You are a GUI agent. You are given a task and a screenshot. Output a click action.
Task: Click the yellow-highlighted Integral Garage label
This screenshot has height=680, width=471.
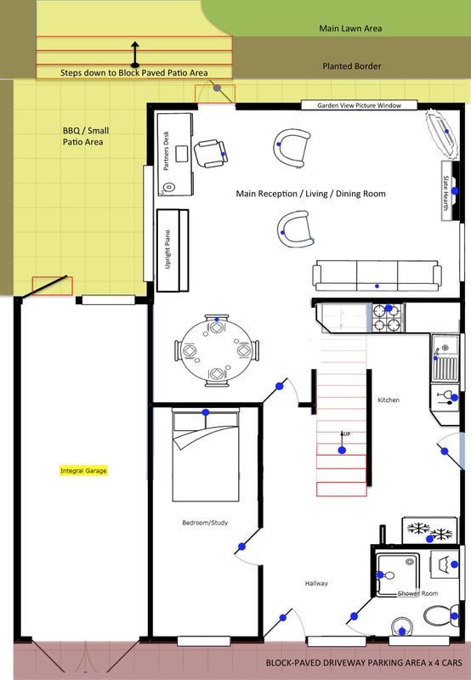(83, 471)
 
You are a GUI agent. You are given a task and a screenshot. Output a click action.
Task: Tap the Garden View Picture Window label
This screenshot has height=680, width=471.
(359, 105)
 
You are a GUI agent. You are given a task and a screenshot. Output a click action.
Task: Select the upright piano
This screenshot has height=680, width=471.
(173, 250)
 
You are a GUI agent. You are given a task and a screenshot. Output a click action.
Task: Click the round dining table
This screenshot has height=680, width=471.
(216, 350)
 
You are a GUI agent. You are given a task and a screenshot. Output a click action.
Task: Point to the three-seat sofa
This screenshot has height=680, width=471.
(377, 275)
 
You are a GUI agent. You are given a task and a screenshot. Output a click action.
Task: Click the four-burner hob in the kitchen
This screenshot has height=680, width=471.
(389, 317)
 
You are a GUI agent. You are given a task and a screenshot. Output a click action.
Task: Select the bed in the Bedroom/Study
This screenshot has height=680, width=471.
(206, 455)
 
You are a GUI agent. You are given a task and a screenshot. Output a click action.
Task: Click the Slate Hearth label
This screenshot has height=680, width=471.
(445, 193)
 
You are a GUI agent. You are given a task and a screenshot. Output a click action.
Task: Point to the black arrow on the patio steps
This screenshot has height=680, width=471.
(135, 54)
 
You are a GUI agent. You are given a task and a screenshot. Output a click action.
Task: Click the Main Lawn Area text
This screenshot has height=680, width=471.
(350, 29)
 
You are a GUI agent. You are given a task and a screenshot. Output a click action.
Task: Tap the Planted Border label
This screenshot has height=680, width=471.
(352, 66)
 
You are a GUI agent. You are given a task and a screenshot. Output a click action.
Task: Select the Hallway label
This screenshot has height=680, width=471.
(316, 584)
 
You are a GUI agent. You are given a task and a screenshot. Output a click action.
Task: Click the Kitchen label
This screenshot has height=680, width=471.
(389, 399)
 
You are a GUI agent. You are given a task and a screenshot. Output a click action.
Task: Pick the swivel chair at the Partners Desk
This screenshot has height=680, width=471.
(210, 154)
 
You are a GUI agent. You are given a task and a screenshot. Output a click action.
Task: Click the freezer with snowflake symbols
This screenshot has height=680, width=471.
(429, 530)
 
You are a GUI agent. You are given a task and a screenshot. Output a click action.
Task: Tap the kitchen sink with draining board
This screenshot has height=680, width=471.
(445, 358)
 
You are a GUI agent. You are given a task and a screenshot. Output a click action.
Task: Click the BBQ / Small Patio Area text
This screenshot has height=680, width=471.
(85, 136)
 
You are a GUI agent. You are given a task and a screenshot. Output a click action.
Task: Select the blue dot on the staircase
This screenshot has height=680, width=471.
(342, 450)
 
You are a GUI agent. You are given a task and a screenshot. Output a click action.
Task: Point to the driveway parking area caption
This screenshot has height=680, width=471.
(364, 663)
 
